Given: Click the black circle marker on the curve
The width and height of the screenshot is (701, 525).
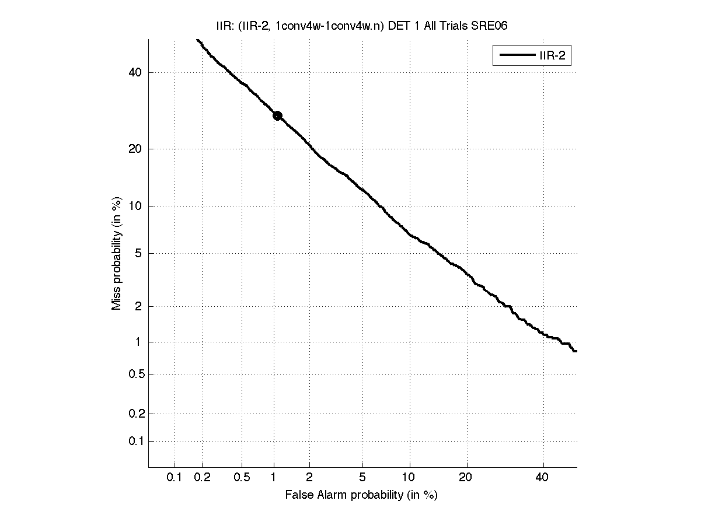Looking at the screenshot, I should click(x=277, y=116).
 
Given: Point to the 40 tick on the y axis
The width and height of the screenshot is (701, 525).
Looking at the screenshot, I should click(x=136, y=72).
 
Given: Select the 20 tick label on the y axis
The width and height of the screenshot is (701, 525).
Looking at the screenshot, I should click(x=136, y=149).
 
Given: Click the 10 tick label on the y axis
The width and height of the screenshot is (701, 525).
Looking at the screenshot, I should click(x=136, y=206).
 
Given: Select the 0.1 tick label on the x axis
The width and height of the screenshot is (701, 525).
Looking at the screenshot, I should click(x=175, y=478).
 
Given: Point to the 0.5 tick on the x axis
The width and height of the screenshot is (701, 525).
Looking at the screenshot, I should click(x=242, y=478).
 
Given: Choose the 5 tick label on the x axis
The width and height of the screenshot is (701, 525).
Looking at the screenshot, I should click(x=362, y=478).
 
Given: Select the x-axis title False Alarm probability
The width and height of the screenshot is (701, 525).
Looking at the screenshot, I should click(x=361, y=495).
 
